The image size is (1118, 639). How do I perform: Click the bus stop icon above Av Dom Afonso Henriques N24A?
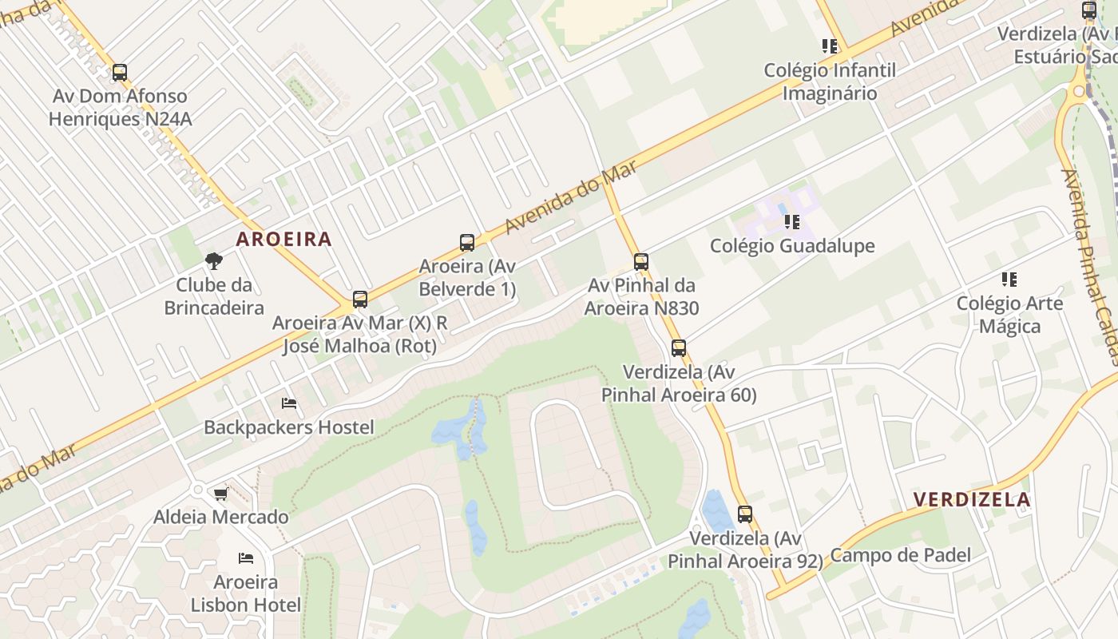(x=120, y=73)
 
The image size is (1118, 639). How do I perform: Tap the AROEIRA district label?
(x=283, y=239)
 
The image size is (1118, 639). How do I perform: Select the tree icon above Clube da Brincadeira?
(x=213, y=260)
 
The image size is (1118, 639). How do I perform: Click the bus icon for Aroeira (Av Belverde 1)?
(x=467, y=243)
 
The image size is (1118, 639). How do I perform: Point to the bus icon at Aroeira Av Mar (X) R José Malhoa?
(x=360, y=300)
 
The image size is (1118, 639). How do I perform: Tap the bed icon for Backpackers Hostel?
(x=289, y=403)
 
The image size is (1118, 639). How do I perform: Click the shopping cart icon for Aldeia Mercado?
(x=220, y=494)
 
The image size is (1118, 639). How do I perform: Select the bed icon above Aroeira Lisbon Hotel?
(x=246, y=558)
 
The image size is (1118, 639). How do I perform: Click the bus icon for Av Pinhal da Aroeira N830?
(x=640, y=261)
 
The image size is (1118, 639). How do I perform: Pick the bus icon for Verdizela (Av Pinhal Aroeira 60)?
(x=679, y=348)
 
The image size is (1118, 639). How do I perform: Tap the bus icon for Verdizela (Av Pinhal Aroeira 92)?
(x=745, y=514)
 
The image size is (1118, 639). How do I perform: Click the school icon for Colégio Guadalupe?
(x=792, y=221)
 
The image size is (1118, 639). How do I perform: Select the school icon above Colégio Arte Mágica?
(x=1009, y=280)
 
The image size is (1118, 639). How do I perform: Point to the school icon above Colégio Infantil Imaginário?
(x=829, y=46)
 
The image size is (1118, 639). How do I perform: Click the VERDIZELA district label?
(x=971, y=500)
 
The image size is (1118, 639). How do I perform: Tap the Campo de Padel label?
(x=900, y=555)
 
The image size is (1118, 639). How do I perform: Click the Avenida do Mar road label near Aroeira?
(x=570, y=197)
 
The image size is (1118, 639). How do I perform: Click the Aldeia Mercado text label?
(x=220, y=517)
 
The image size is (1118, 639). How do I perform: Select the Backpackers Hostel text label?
(x=288, y=427)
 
